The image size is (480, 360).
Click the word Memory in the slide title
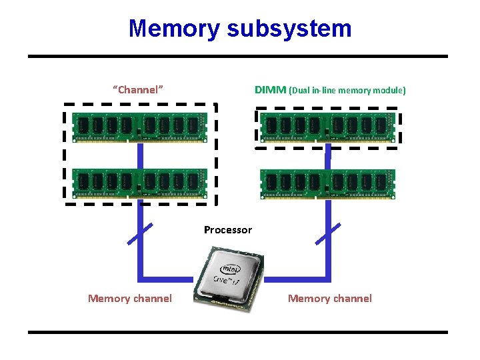[174, 29]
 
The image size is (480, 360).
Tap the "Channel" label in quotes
[138, 89]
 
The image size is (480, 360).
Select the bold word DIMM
[270, 89]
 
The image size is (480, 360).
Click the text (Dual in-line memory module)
[347, 90]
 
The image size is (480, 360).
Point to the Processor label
[228, 230]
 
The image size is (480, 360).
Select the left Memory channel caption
[129, 299]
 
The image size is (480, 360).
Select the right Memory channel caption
[329, 299]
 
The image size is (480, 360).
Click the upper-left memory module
[140, 127]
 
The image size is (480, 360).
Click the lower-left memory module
[140, 183]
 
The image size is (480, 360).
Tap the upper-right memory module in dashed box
[327, 127]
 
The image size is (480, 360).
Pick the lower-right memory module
[327, 183]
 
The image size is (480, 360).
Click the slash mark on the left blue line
[140, 234]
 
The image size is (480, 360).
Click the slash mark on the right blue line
[327, 234]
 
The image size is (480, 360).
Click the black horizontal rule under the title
[238, 57]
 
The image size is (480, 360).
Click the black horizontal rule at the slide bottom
[238, 331]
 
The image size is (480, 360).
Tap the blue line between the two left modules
[141, 155]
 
